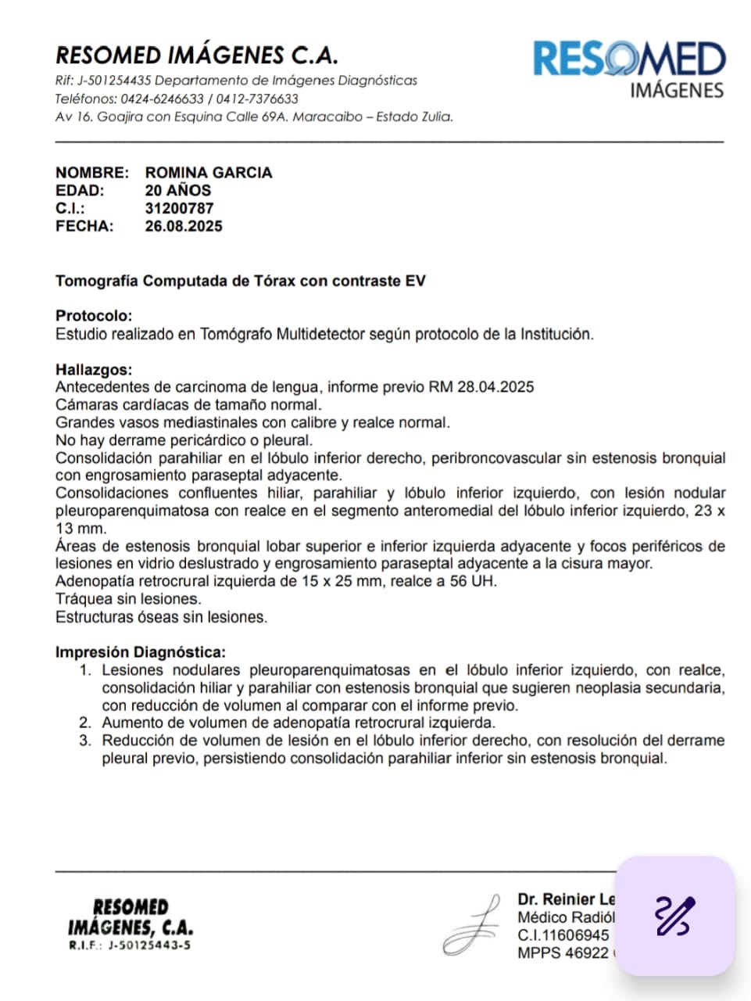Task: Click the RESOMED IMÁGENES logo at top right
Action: tap(629, 69)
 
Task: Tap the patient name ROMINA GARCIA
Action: tap(209, 173)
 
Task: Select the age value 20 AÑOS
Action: tap(177, 191)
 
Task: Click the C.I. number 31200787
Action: tap(179, 209)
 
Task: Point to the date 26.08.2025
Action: tap(184, 227)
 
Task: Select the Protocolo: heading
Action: tap(94, 316)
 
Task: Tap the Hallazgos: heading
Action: tap(94, 370)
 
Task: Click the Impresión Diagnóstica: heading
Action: tap(141, 652)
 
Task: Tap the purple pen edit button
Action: tap(674, 916)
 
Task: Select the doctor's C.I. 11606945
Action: tap(563, 935)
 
